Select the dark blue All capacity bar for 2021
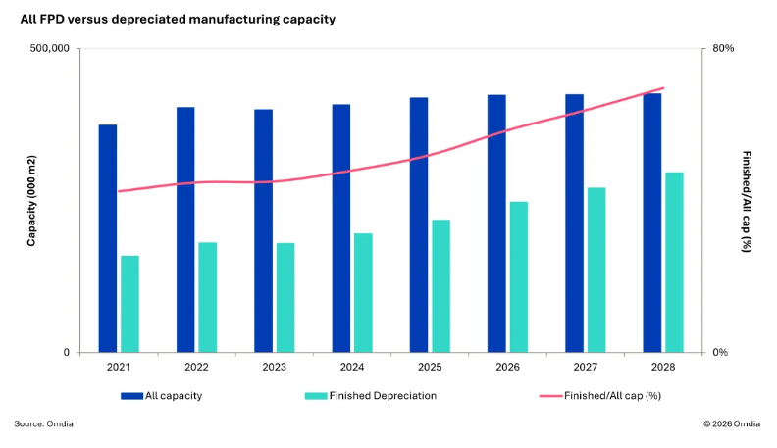(108, 238)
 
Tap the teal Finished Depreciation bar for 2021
(129, 304)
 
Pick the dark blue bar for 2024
(341, 228)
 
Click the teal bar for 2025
(440, 285)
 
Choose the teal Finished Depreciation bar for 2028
(674, 262)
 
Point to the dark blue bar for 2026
(497, 224)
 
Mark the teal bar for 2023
(285, 297)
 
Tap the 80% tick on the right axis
(723, 49)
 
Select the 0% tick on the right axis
(720, 353)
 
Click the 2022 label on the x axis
(196, 367)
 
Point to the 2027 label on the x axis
(586, 367)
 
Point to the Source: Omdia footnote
(44, 423)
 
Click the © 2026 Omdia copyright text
(733, 423)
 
